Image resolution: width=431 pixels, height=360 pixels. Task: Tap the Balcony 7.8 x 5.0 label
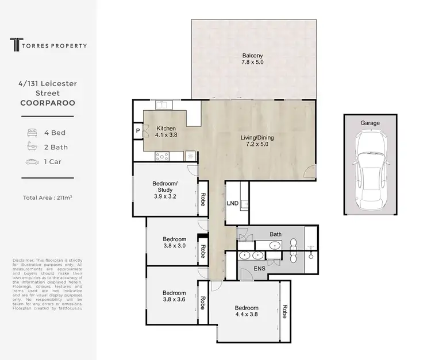(253, 60)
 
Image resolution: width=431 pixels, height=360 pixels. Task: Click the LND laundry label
(233, 203)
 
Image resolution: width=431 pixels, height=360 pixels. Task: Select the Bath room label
(276, 234)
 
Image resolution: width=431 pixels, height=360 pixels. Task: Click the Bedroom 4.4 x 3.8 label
(246, 311)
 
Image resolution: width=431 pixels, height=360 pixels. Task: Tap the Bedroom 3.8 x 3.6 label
(174, 295)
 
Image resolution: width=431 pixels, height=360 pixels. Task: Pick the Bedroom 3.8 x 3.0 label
(174, 243)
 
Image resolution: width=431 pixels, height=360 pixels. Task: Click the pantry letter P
(138, 131)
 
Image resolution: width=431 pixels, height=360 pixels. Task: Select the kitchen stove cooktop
(161, 155)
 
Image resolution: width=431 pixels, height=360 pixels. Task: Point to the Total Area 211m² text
(51, 198)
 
